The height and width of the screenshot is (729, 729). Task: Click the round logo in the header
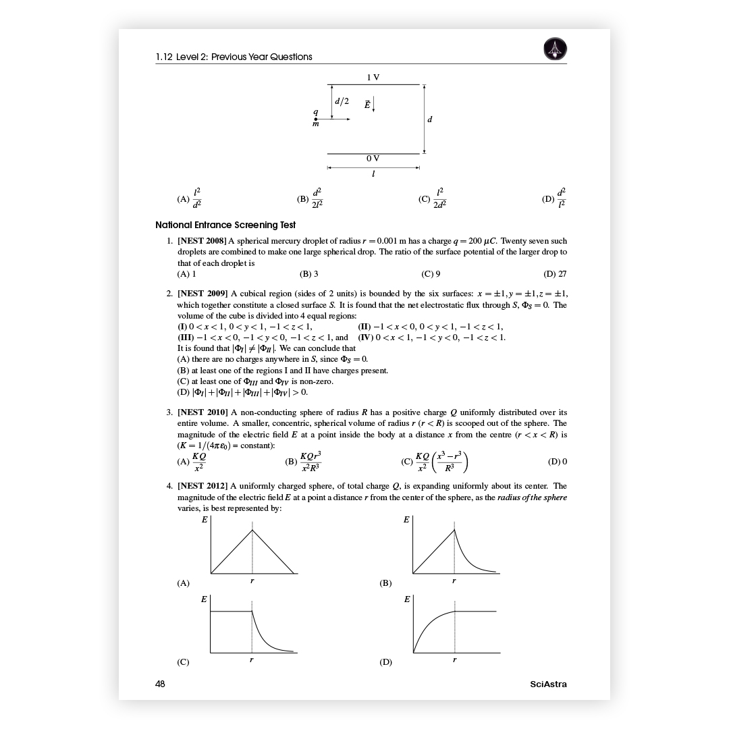[555, 49]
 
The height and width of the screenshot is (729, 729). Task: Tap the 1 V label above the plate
[373, 78]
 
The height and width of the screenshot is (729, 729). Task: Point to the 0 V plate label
[373, 159]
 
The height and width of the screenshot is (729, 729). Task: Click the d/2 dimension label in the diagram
[342, 101]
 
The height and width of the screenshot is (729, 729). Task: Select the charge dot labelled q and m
[316, 119]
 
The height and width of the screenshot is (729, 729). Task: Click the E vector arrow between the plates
[373, 105]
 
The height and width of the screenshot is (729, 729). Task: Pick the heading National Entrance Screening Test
[225, 225]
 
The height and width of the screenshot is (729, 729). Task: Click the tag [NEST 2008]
[202, 241]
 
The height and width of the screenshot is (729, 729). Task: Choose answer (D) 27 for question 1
[555, 274]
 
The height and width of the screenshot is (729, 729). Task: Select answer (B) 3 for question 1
[309, 274]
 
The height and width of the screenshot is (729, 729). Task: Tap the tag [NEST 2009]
[202, 294]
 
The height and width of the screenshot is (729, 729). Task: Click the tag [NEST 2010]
[202, 412]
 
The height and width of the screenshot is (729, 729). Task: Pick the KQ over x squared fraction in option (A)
[198, 462]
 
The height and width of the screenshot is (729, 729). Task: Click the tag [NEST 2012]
[202, 485]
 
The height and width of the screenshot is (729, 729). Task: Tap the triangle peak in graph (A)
[252, 530]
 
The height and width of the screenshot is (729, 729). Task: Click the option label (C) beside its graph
[184, 662]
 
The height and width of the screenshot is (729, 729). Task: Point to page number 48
[160, 684]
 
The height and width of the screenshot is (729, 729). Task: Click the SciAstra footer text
[548, 684]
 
